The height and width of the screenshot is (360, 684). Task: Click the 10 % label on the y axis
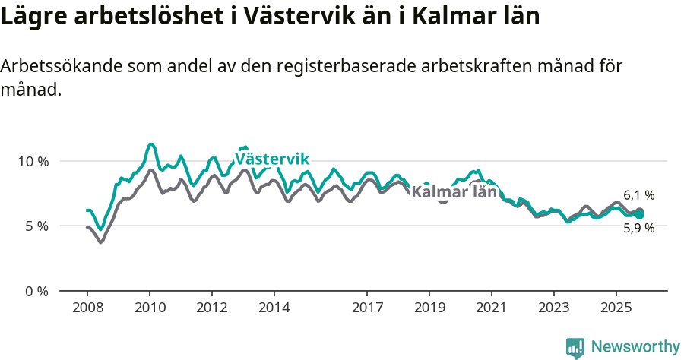[x=33, y=161]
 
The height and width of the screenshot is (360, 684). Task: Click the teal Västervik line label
[x=271, y=159]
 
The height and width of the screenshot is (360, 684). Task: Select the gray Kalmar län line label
[x=454, y=192]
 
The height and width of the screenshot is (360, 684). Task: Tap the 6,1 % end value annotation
[x=638, y=196]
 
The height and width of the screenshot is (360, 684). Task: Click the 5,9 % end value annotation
[x=638, y=228]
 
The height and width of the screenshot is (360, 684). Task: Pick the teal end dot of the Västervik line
[x=640, y=215]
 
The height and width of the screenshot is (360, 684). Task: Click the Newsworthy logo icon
[x=575, y=348]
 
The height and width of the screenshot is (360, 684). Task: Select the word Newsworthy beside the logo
[x=635, y=347]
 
